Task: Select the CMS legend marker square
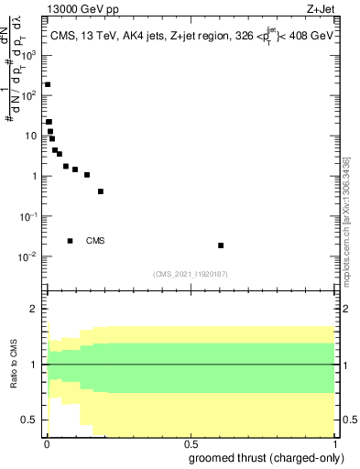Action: click(x=71, y=241)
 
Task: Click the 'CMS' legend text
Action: click(x=95, y=242)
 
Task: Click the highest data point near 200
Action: click(x=48, y=84)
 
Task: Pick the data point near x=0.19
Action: click(x=100, y=191)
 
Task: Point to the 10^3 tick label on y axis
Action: click(x=29, y=55)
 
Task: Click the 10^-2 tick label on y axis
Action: click(x=29, y=256)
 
